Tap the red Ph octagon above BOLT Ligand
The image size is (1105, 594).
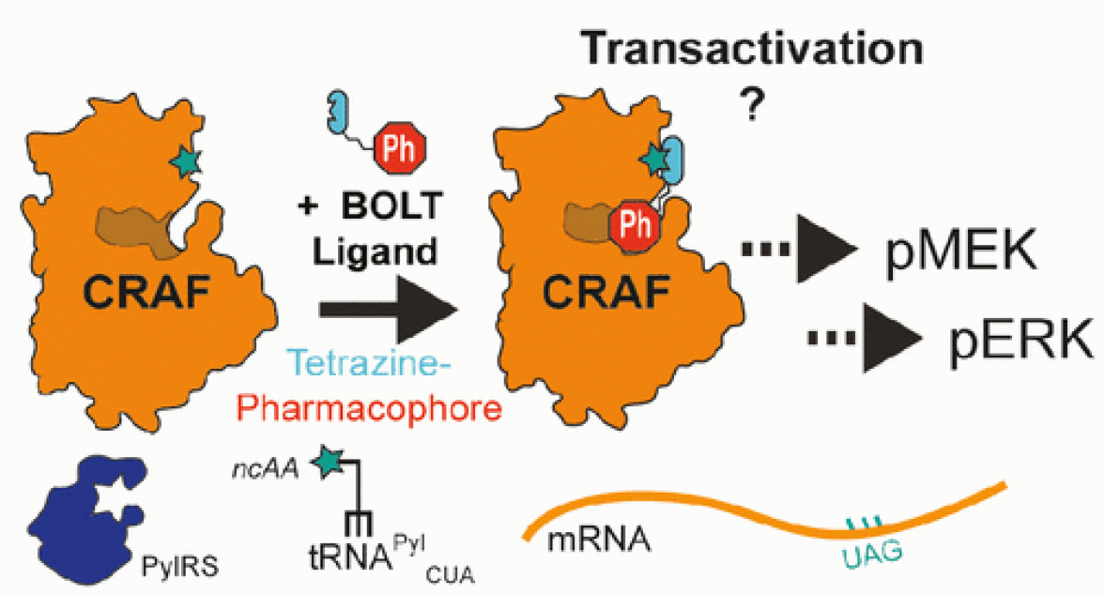click(x=400, y=150)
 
